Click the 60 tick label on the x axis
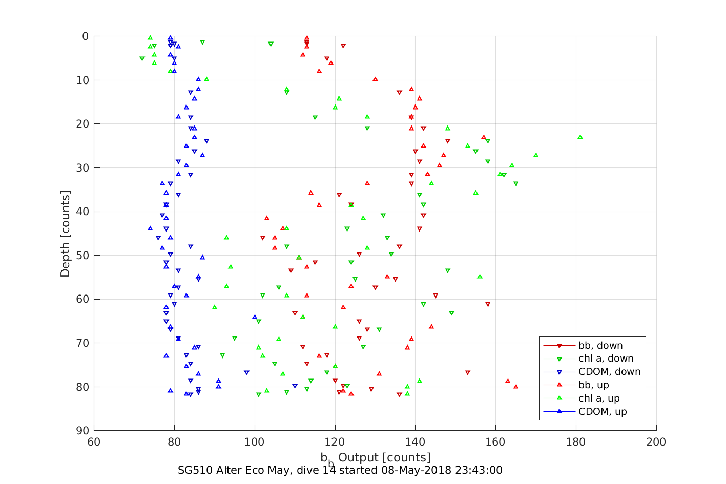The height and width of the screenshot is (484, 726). coord(94,442)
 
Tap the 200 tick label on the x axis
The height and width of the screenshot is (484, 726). coord(656,442)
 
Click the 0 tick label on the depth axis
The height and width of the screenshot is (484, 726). coord(85,36)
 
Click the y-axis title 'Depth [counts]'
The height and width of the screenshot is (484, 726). coord(65,234)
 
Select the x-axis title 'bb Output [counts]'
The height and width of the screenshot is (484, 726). coord(376,458)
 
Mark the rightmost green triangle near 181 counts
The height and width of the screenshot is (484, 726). coord(580,137)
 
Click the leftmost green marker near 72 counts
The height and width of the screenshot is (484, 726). coord(142,59)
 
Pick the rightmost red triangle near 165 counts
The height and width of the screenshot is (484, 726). coord(515,386)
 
